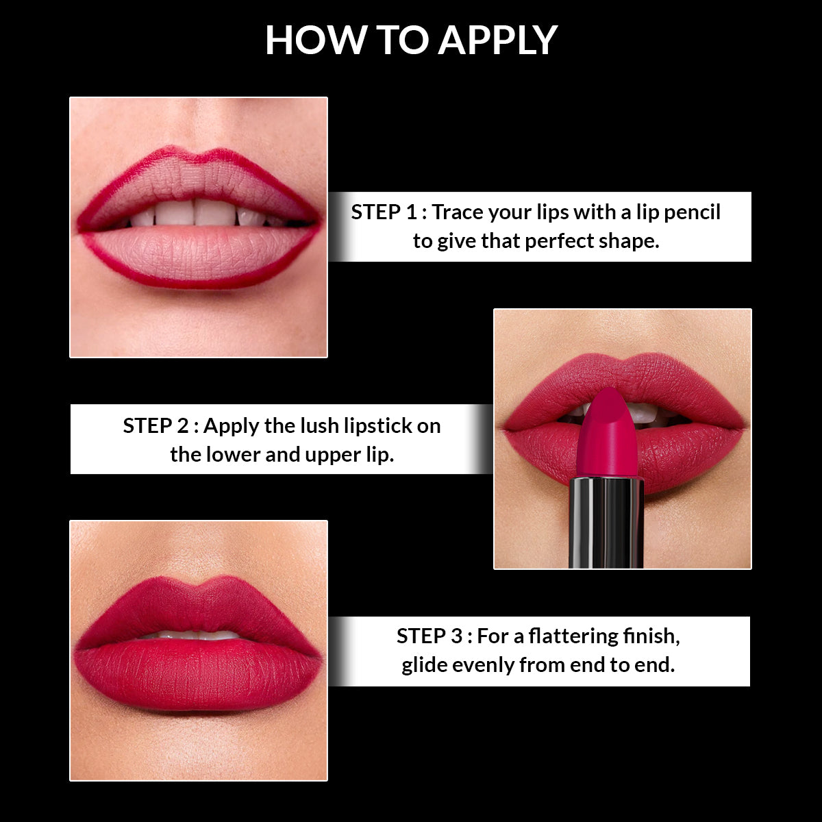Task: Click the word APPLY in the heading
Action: click(498, 40)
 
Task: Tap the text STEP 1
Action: click(384, 212)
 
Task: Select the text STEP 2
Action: click(155, 426)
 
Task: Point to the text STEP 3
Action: click(429, 636)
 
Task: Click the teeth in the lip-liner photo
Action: click(195, 213)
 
